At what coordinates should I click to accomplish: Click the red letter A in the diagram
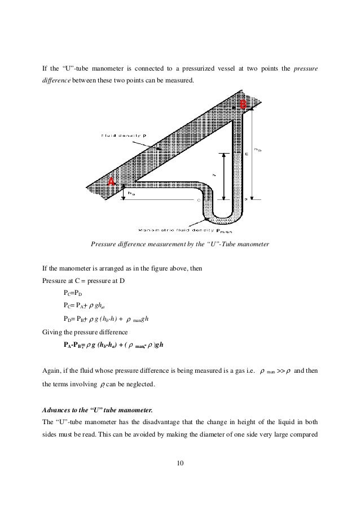coord(112,181)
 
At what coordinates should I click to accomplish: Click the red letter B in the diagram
coord(243,104)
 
